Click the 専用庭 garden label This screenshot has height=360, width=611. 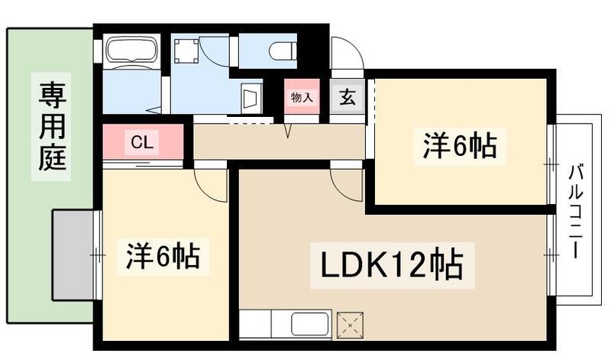pos(52,126)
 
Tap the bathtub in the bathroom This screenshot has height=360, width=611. pos(131,51)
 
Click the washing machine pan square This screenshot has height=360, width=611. pos(186,51)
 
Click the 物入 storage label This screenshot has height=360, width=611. pos(302,97)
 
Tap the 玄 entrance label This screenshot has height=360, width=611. pos(348,97)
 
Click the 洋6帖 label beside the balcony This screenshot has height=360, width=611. pos(460,145)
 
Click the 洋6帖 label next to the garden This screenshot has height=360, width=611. pos(163,257)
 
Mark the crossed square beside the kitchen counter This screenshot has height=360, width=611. pos(351,324)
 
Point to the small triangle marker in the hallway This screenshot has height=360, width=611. pos(289,132)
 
